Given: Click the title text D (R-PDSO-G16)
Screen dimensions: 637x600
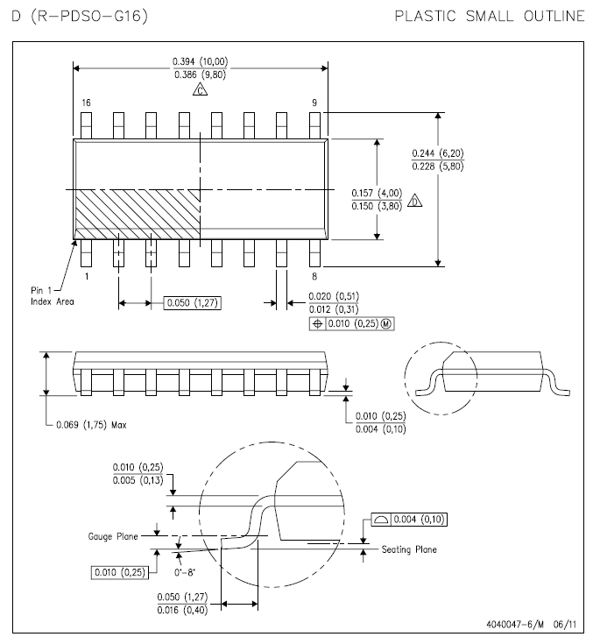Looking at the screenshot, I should [x=80, y=16].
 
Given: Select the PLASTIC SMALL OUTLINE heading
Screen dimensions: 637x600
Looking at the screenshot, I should [x=490, y=16].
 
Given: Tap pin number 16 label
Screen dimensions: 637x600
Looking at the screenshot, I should [x=86, y=103].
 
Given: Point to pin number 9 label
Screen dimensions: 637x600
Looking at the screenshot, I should [x=314, y=103].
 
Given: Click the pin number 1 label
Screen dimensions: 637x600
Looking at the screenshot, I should [x=86, y=275].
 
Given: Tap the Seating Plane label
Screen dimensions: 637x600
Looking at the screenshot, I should [x=409, y=549].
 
